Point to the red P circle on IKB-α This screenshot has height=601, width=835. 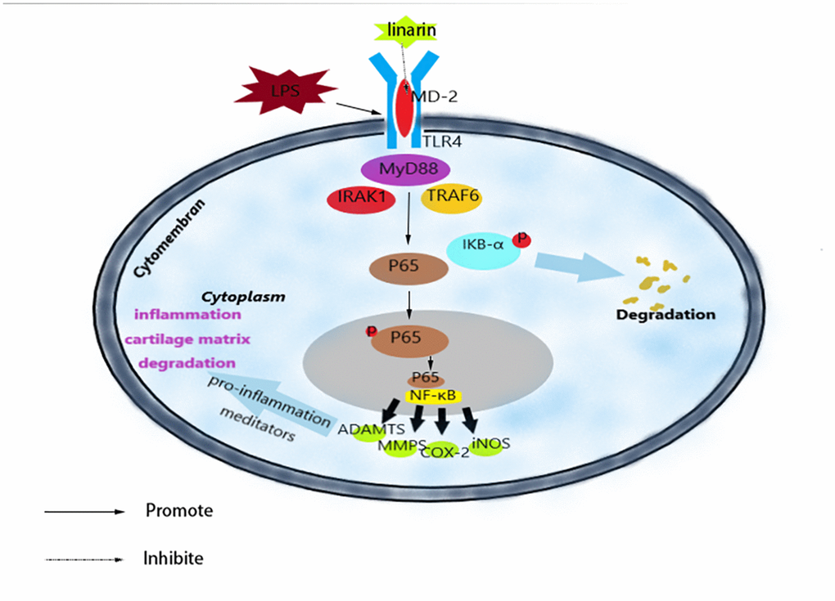tap(520, 239)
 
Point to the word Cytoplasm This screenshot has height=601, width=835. tap(244, 297)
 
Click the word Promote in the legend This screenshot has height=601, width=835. tap(178, 511)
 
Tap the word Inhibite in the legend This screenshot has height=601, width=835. tap(172, 559)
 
